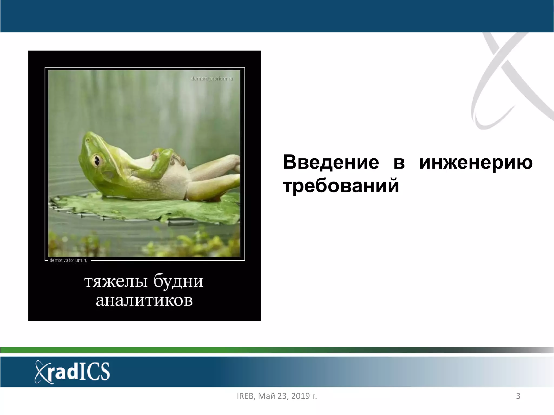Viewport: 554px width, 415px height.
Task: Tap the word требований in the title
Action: click(x=341, y=186)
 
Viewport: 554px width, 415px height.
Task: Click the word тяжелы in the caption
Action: click(x=116, y=282)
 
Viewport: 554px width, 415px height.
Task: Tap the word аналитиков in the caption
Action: click(x=144, y=300)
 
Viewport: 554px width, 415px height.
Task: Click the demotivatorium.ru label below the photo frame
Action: click(x=68, y=260)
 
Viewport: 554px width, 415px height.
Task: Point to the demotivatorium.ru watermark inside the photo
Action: click(x=212, y=79)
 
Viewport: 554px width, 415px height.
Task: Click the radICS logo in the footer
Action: click(x=72, y=372)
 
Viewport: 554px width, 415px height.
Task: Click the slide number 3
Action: click(x=518, y=396)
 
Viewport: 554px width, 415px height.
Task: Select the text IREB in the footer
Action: click(x=245, y=396)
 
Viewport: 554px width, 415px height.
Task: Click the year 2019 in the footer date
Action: click(x=297, y=396)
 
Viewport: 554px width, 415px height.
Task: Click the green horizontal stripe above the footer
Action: click(x=162, y=350)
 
